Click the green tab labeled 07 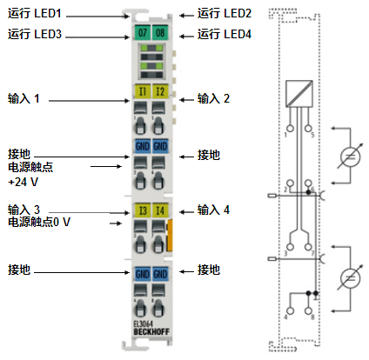(142, 32)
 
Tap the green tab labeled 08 (160, 32)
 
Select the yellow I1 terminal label (142, 91)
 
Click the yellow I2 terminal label (160, 91)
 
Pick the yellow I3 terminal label (143, 210)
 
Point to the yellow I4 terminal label (160, 210)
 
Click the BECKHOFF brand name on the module (151, 332)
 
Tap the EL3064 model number (143, 324)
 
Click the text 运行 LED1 (35, 13)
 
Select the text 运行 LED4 (225, 34)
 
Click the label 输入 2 (213, 98)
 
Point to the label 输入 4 (213, 210)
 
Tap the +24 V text (23, 182)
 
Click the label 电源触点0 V (39, 222)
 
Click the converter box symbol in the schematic (299, 94)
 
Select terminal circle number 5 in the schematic (308, 129)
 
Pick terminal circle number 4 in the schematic (290, 310)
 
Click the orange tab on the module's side (170, 236)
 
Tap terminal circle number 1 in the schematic (290, 129)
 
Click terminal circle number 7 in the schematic (308, 247)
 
